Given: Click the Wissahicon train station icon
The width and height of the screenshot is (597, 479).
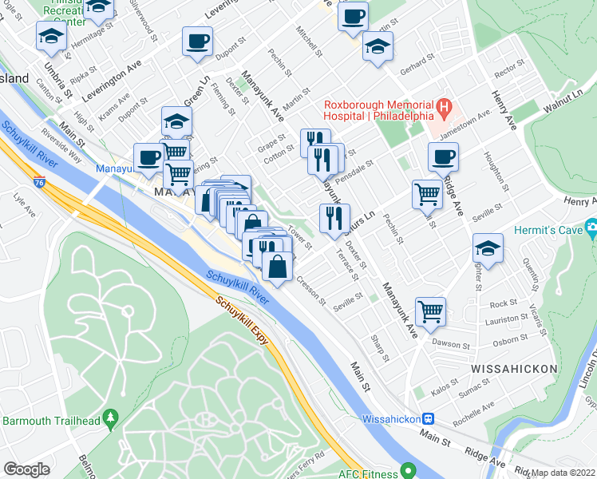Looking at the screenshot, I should point(429,418).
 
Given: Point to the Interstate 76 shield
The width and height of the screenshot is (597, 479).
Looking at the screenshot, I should point(39,183).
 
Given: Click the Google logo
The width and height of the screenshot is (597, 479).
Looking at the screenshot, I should point(26,469).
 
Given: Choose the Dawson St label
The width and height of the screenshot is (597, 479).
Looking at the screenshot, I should point(450,345).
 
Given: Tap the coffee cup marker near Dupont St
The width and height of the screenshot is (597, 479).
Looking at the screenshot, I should point(197,42).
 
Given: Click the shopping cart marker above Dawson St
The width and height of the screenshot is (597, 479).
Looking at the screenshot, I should point(430,312).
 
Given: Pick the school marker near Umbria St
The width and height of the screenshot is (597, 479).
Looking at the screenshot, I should point(50,35).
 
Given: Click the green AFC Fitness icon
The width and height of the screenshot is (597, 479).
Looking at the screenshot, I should point(408,473).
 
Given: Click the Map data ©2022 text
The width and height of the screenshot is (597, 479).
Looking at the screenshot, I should point(563,473).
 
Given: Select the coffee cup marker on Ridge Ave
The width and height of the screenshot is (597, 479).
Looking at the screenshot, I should point(443,158).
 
